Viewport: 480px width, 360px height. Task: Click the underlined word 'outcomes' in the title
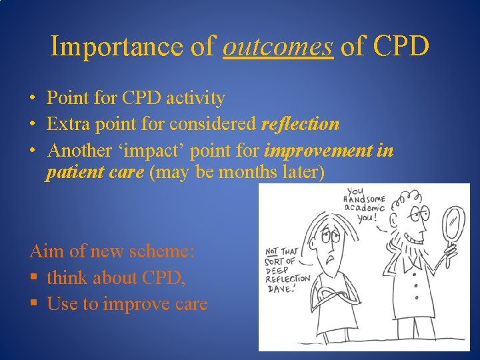coord(277,47)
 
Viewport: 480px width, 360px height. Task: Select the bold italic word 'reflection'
coord(300,124)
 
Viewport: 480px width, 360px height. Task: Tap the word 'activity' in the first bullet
coord(197,99)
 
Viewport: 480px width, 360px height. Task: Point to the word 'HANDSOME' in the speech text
coord(363,198)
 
